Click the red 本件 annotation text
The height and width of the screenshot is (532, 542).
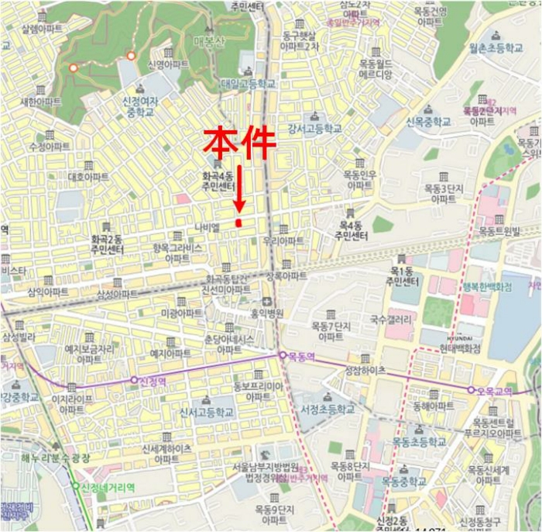coord(240,143)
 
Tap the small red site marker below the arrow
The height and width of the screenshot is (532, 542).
coord(239,223)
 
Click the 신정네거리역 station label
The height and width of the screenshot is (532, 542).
coord(108,487)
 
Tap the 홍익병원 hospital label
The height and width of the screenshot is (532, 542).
coord(266,313)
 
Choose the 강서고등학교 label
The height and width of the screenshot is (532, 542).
coord(314,128)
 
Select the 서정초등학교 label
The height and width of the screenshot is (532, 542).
coord(328,409)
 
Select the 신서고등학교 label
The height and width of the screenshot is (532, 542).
coord(205,413)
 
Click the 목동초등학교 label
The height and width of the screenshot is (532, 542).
coord(417,442)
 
